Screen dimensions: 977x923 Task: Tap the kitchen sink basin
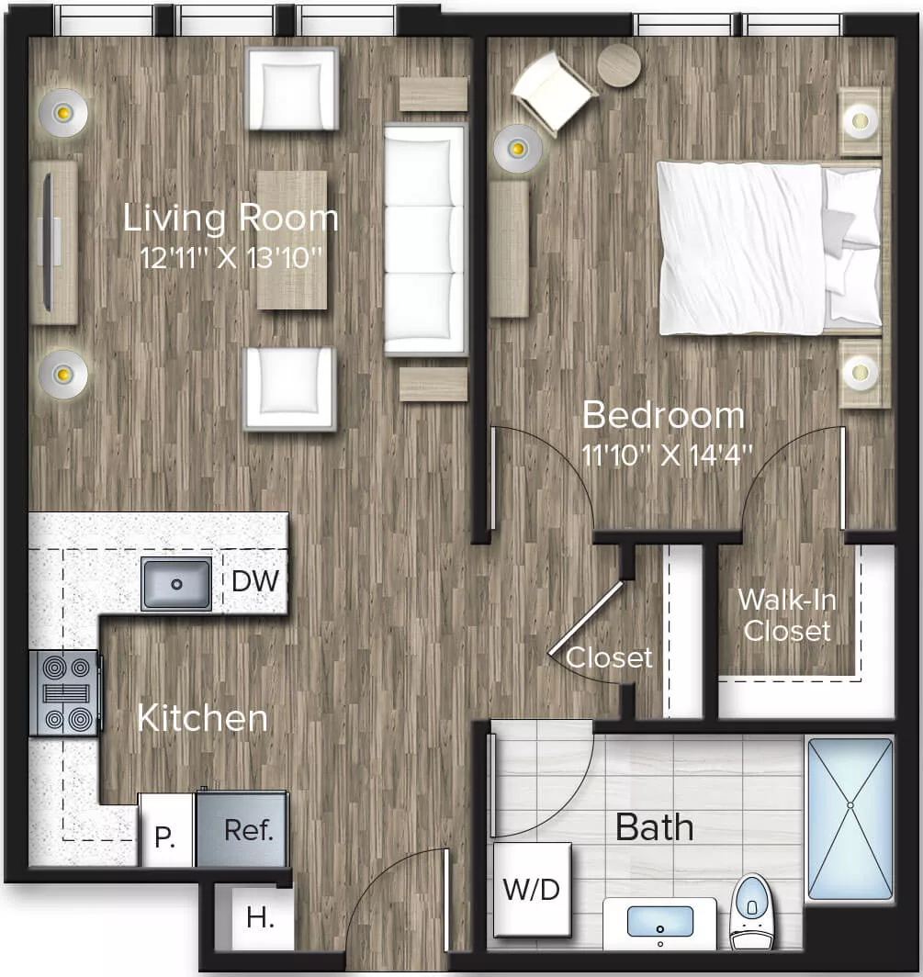pos(176,583)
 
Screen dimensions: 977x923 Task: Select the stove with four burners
pos(64,692)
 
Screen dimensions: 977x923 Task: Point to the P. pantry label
pos(165,837)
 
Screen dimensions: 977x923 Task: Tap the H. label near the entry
pos(260,917)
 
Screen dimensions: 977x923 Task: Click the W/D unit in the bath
pos(532,889)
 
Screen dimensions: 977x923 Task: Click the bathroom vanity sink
pos(660,920)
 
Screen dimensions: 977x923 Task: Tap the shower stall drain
pos(850,805)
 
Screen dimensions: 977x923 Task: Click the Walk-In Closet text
pos(786,614)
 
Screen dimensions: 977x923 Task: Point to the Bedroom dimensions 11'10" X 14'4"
pos(668,455)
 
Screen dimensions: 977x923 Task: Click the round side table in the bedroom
pos(619,65)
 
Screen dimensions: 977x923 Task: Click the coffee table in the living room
pos(292,239)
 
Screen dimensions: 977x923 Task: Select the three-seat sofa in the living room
pos(424,240)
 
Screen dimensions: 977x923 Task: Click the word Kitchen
pos(202,718)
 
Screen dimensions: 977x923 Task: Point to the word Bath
pos(654,827)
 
